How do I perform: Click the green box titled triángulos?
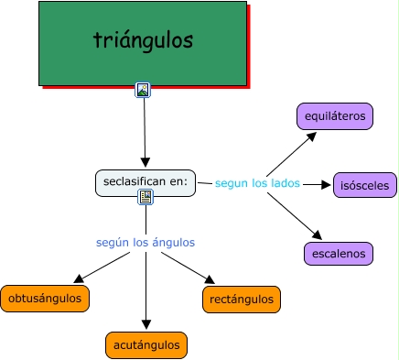[142, 42]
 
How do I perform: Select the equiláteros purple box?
[335, 116]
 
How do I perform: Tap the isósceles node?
[364, 185]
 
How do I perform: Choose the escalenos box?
[338, 254]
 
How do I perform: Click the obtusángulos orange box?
[46, 298]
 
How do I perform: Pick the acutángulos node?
[146, 344]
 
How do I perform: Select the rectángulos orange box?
[240, 299]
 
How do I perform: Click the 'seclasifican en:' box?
[146, 182]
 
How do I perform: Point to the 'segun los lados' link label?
[257, 183]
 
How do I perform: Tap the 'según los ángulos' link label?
[145, 243]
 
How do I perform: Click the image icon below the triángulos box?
[143, 90]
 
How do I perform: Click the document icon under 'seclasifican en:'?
[146, 197]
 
